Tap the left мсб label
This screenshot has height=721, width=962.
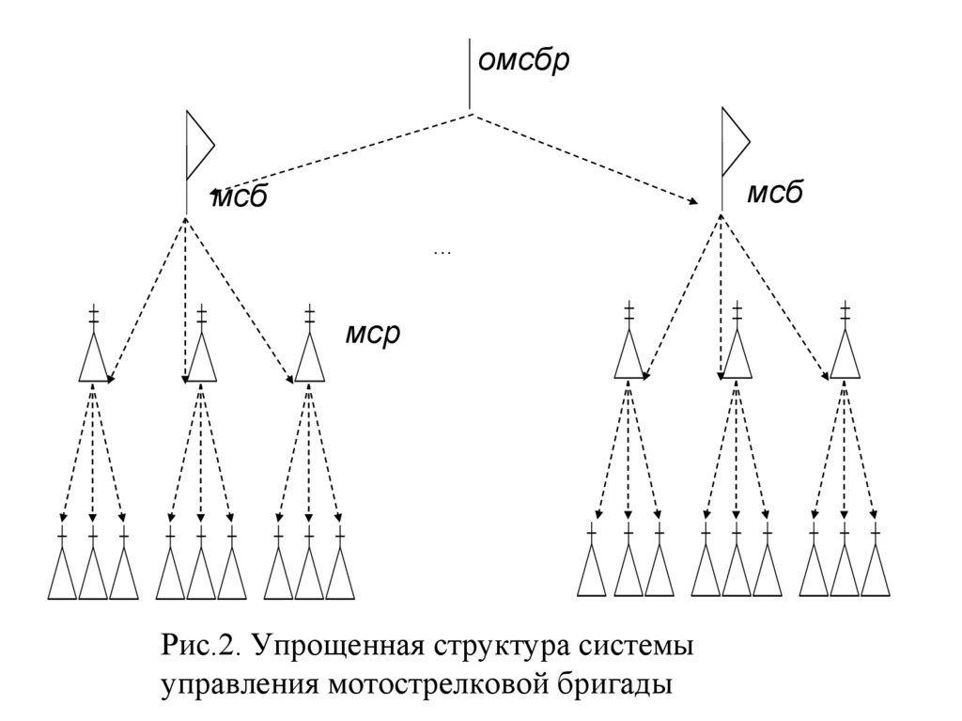click(240, 198)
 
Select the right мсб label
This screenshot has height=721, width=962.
click(775, 194)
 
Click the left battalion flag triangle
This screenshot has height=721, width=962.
click(198, 146)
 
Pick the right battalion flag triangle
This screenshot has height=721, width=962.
click(733, 142)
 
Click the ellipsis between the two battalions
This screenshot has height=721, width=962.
click(442, 252)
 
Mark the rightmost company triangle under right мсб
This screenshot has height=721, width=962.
click(846, 355)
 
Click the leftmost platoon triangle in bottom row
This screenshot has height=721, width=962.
click(62, 574)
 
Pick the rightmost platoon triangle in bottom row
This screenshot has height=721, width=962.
click(876, 572)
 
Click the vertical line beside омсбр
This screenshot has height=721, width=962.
click(469, 73)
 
